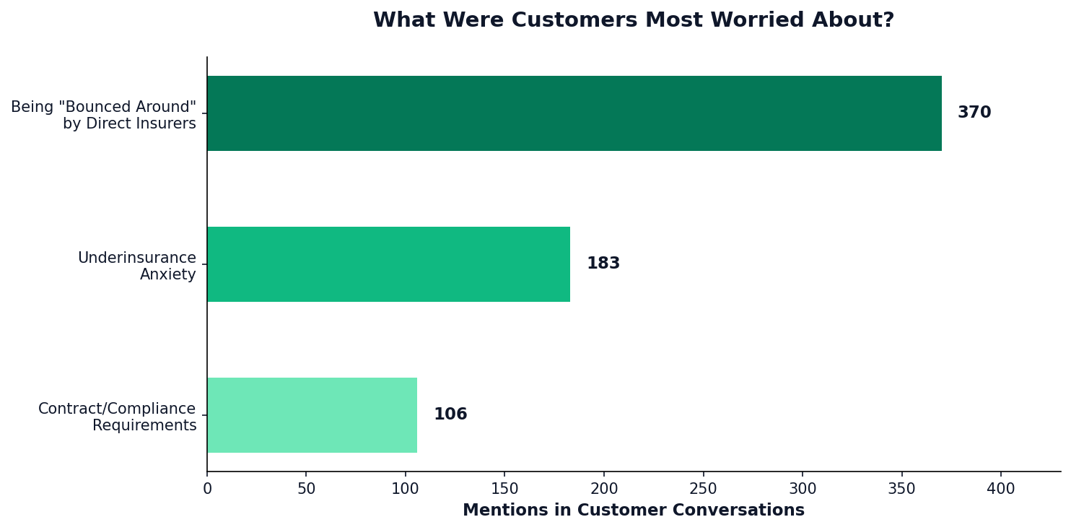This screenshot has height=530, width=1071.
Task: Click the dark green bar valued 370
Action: pyautogui.click(x=574, y=113)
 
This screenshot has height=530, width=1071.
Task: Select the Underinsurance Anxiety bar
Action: pyautogui.click(x=388, y=264)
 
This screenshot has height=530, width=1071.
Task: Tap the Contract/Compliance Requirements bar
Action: pyautogui.click(x=312, y=415)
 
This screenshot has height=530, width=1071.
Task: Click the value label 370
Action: pyautogui.click(x=974, y=113)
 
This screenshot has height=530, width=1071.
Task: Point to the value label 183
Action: pyautogui.click(x=603, y=264)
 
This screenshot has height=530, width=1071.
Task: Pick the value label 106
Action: pyautogui.click(x=450, y=415)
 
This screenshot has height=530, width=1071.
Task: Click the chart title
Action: pyautogui.click(x=633, y=20)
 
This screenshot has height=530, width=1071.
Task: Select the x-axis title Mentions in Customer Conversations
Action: pyautogui.click(x=633, y=511)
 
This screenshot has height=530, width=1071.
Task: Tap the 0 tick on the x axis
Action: pyautogui.click(x=207, y=489)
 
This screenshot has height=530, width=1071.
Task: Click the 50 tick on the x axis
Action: pyautogui.click(x=306, y=489)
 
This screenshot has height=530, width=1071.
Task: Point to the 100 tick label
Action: pyautogui.click(x=406, y=489)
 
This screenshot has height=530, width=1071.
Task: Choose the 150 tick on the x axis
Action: pyautogui.click(x=504, y=489)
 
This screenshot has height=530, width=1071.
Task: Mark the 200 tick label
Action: pyautogui.click(x=604, y=489)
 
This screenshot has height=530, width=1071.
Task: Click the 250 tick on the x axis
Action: pyautogui.click(x=703, y=489)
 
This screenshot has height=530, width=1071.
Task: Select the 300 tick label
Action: pyautogui.click(x=803, y=489)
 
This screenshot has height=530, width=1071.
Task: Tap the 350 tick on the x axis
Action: pyautogui.click(x=901, y=489)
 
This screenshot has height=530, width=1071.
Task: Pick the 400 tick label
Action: pyautogui.click(x=1001, y=489)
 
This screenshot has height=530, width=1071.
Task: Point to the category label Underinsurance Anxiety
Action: pyautogui.click(x=136, y=266)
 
